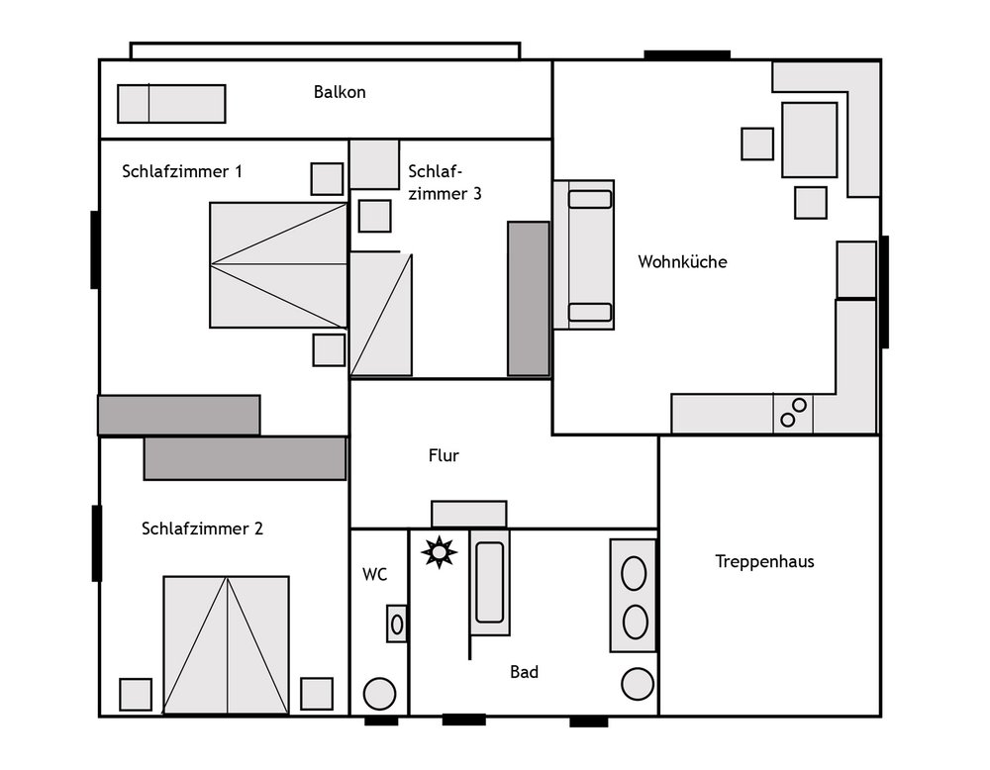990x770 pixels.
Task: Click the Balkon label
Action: point(340,92)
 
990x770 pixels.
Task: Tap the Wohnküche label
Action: point(682,261)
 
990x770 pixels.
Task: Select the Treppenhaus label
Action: point(764,561)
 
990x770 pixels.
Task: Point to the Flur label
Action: point(444,455)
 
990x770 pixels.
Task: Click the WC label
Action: point(374,574)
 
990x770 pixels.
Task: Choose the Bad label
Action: point(524,672)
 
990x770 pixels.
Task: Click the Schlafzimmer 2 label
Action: point(202,529)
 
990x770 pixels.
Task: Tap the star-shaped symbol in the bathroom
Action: point(439,552)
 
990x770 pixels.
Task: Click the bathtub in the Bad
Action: point(490,582)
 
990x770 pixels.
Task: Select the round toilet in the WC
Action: point(379,694)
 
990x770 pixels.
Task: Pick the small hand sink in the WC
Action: point(397,625)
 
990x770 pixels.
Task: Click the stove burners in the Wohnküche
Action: point(793,413)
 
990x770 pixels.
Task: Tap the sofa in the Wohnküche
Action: point(584,255)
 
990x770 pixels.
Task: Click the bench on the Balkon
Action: point(171,104)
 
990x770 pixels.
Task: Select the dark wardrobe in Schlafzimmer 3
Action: point(529,299)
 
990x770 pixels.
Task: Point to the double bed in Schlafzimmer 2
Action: point(226,645)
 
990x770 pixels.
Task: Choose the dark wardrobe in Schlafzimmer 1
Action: point(178,415)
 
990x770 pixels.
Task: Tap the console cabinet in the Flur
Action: point(469,514)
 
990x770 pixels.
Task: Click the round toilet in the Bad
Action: point(637,684)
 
